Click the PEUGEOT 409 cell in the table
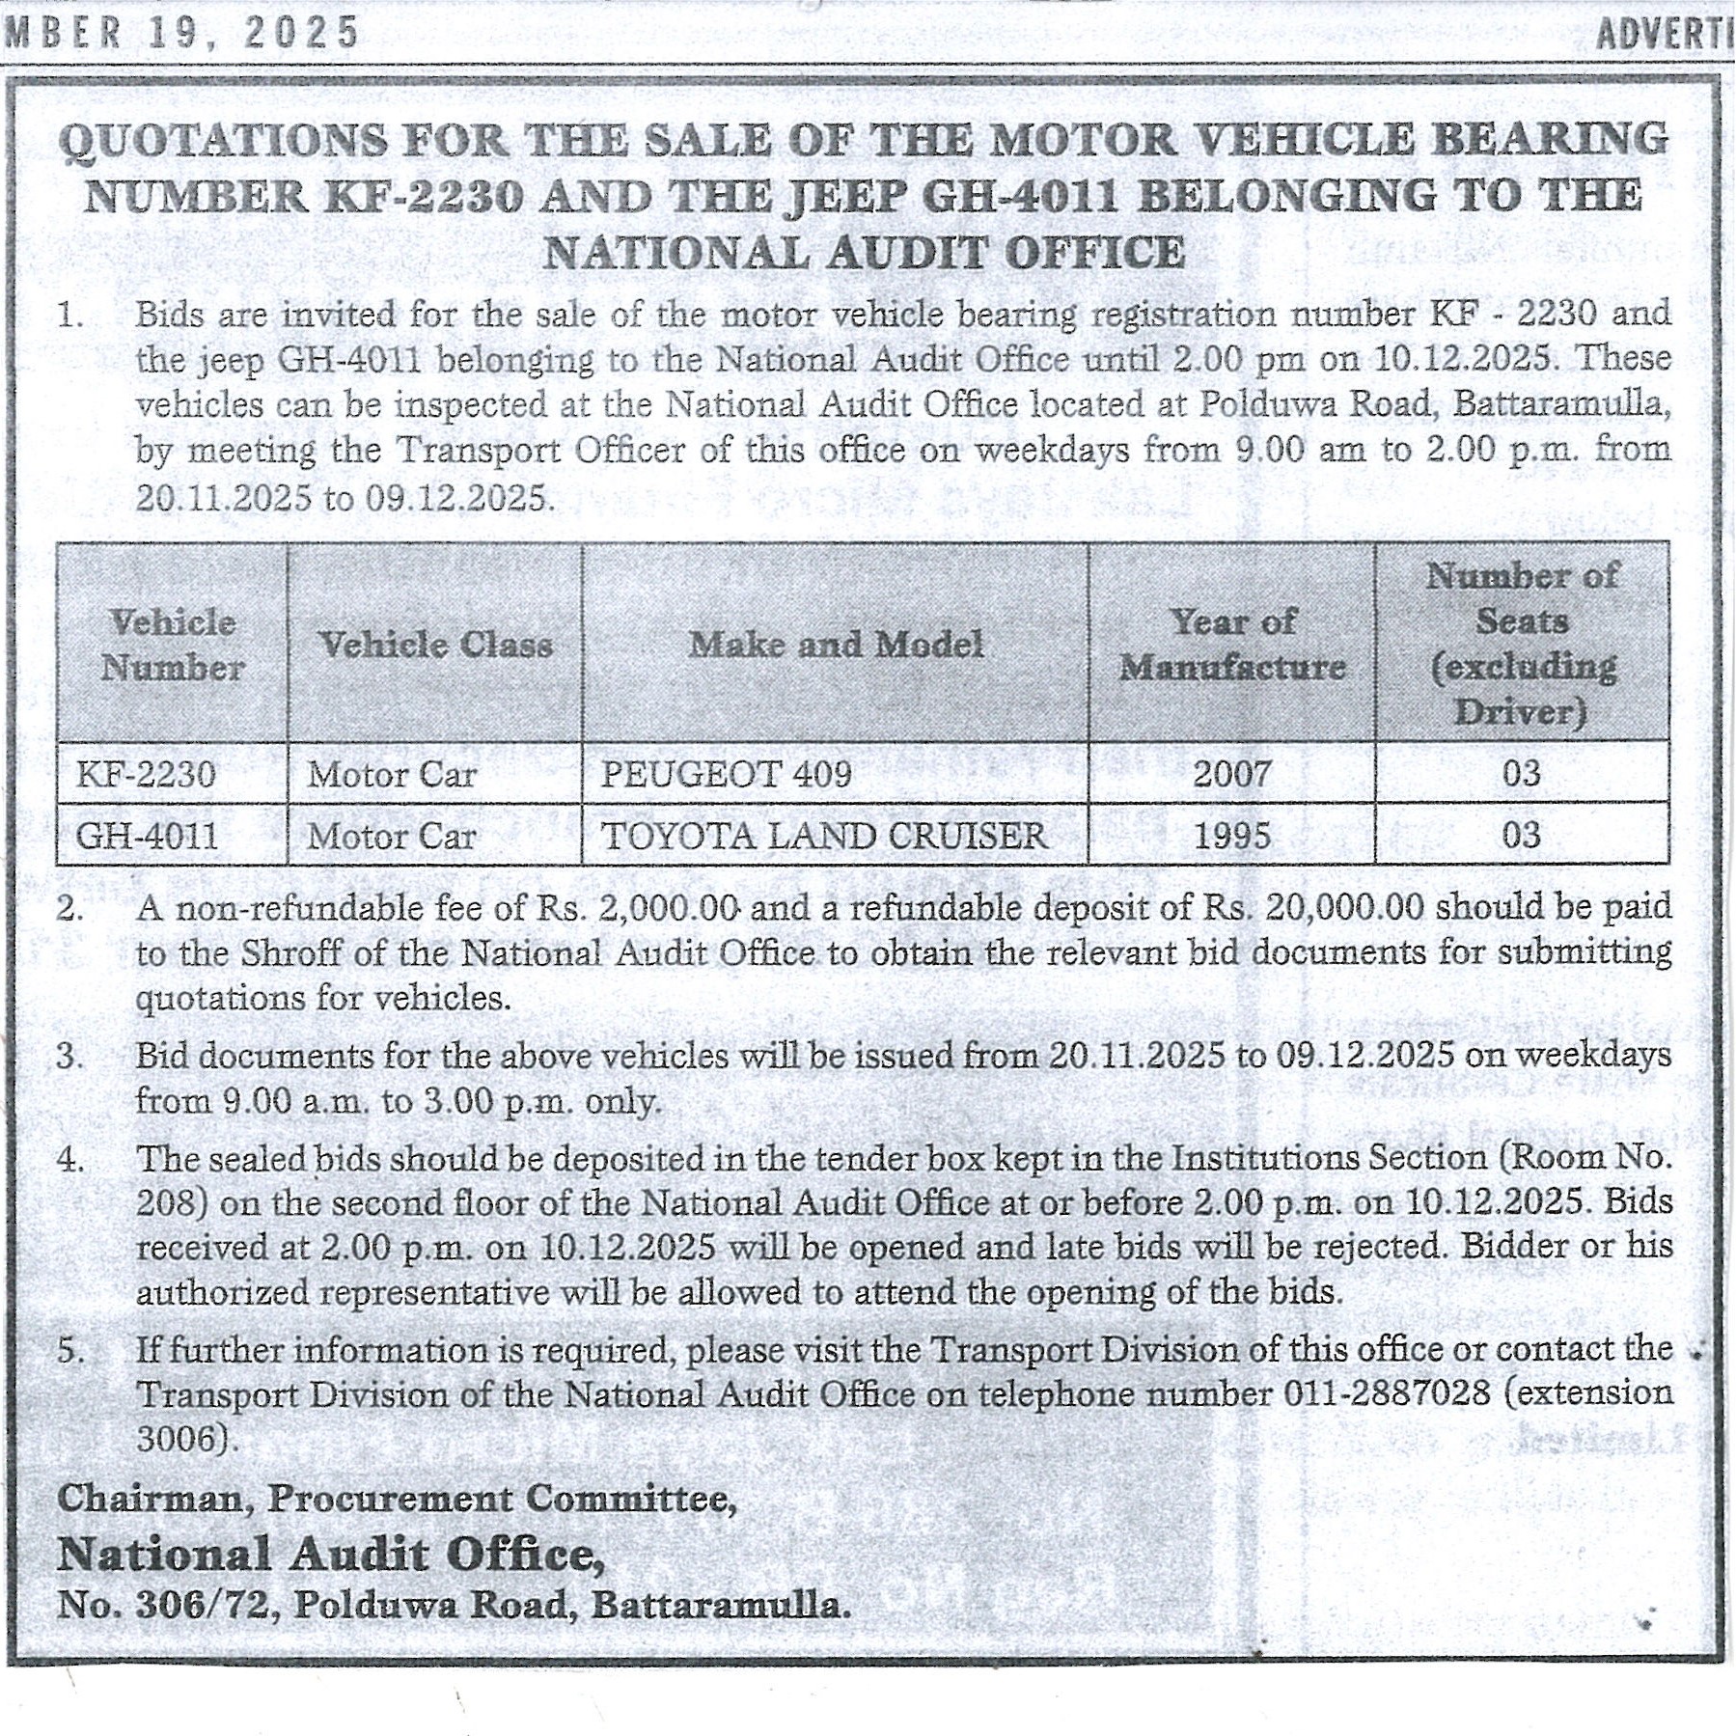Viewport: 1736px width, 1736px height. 726,774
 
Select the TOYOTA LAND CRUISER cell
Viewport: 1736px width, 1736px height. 823,836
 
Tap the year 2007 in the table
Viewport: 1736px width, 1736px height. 1231,774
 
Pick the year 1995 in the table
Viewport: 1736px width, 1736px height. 1231,836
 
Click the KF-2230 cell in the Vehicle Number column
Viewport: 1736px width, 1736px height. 146,774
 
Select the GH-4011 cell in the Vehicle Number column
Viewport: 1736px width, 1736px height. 147,836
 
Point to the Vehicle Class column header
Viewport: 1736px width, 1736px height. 435,645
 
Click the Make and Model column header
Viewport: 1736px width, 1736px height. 836,645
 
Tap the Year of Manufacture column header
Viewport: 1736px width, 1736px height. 1232,644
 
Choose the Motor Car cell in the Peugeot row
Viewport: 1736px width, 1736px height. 392,774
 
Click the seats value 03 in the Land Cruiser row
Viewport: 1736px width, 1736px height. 1521,836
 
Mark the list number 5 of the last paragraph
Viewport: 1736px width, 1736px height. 70,1350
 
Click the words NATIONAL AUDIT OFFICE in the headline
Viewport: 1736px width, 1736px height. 864,254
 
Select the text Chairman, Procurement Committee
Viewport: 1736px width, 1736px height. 396,1499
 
